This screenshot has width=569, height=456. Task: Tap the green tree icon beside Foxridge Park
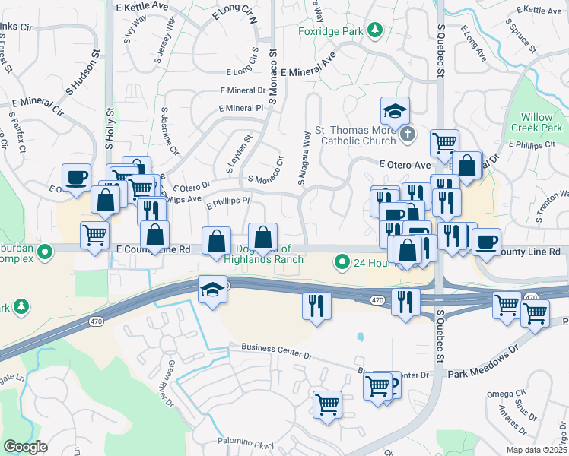tap(374, 30)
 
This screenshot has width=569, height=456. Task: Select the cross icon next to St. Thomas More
tap(408, 135)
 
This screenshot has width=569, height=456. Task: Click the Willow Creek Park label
tap(542, 122)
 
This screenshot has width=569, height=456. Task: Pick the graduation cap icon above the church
tap(395, 111)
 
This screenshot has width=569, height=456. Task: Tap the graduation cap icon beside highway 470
tap(212, 288)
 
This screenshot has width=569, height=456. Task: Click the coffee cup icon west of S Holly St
tap(76, 178)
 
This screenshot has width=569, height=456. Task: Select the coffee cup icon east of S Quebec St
tap(486, 242)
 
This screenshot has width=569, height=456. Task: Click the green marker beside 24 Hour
tap(342, 263)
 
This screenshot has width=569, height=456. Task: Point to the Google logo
tap(24, 447)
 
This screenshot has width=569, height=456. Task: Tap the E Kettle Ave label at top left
tap(142, 5)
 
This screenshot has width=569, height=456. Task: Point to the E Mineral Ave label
tap(308, 69)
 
